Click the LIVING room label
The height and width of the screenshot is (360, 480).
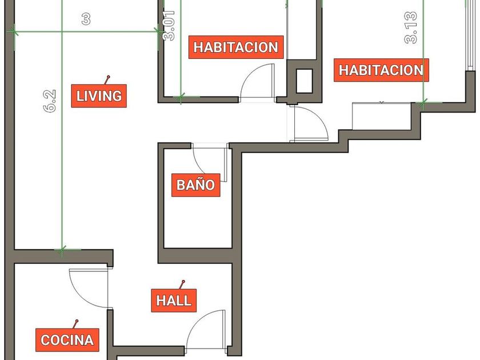[99, 96]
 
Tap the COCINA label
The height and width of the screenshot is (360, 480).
[67, 340]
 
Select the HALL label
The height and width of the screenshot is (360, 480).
[174, 301]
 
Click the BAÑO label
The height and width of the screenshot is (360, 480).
[195, 185]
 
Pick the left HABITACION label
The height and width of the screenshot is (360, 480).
[236, 47]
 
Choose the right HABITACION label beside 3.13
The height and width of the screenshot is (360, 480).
[381, 70]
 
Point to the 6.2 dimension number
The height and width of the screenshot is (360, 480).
[50, 101]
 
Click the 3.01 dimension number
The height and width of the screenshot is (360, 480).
[169, 26]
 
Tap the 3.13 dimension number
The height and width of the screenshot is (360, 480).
[411, 27]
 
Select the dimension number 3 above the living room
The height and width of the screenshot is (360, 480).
[86, 19]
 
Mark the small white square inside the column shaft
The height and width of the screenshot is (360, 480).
[304, 81]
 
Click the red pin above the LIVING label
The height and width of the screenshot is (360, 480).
[107, 79]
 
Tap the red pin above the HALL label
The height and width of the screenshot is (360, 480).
[182, 284]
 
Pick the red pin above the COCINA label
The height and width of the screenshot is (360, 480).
[75, 324]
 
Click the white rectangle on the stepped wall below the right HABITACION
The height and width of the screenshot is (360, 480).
[382, 116]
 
